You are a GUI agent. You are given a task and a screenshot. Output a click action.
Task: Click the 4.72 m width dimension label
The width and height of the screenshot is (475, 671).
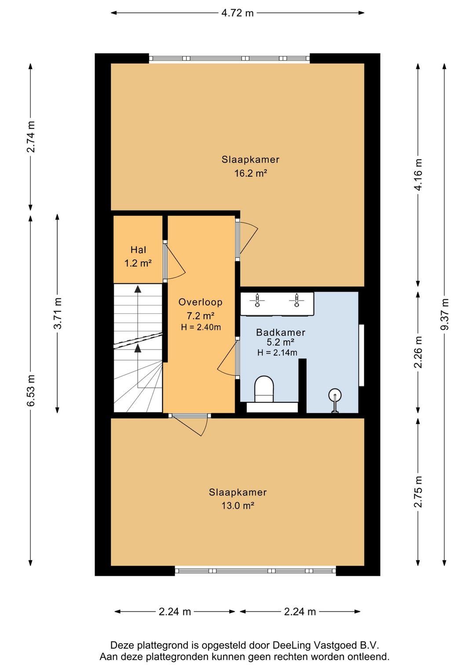pos(237,13)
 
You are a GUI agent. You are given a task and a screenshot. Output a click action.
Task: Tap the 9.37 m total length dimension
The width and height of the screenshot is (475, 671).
pos(444,314)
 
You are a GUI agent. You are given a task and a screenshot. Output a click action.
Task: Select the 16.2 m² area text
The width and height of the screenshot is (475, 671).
pos(251,173)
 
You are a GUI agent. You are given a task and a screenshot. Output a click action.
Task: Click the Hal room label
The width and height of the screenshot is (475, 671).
pos(139,249)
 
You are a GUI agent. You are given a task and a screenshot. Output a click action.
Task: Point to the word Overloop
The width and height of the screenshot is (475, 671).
pos(201,302)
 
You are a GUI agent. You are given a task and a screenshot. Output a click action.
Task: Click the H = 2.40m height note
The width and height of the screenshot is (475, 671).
pos(201,327)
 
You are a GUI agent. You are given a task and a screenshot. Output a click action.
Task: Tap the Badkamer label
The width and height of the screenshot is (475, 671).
pos(281,332)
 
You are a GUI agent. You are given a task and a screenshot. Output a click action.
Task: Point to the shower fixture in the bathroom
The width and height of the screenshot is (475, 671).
pos(335,400)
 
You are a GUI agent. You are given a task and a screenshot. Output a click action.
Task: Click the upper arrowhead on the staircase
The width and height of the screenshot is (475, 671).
pos(138,289)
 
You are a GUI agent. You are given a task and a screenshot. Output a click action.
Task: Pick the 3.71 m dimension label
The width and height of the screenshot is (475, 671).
pos(58,313)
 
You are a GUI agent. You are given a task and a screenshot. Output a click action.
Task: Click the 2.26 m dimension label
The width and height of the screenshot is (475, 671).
pos(418,352)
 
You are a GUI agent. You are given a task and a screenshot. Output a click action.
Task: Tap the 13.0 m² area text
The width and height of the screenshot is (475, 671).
pos(237,506)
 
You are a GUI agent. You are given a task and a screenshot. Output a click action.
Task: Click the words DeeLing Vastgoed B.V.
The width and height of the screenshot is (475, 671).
pos(326,645)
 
